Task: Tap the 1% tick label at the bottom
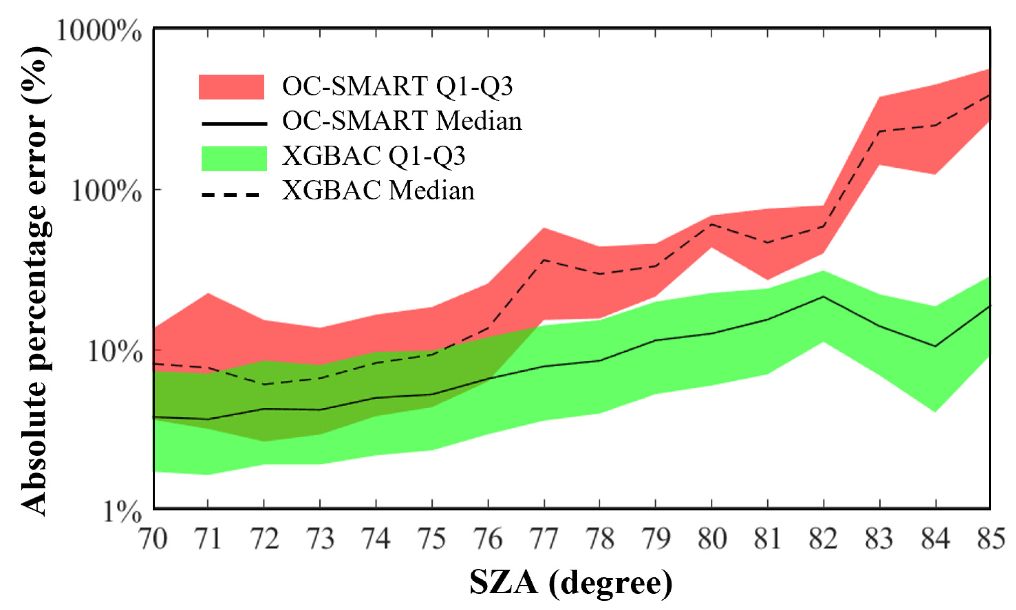(122, 512)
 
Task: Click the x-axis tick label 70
(154, 538)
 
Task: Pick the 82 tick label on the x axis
(823, 538)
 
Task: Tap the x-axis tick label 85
(990, 538)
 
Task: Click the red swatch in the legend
(231, 87)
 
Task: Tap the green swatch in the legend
(234, 158)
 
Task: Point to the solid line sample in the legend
(234, 123)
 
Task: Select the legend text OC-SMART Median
(402, 121)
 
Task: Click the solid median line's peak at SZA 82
(823, 297)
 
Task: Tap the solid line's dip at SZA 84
(936, 346)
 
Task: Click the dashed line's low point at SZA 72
(264, 384)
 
